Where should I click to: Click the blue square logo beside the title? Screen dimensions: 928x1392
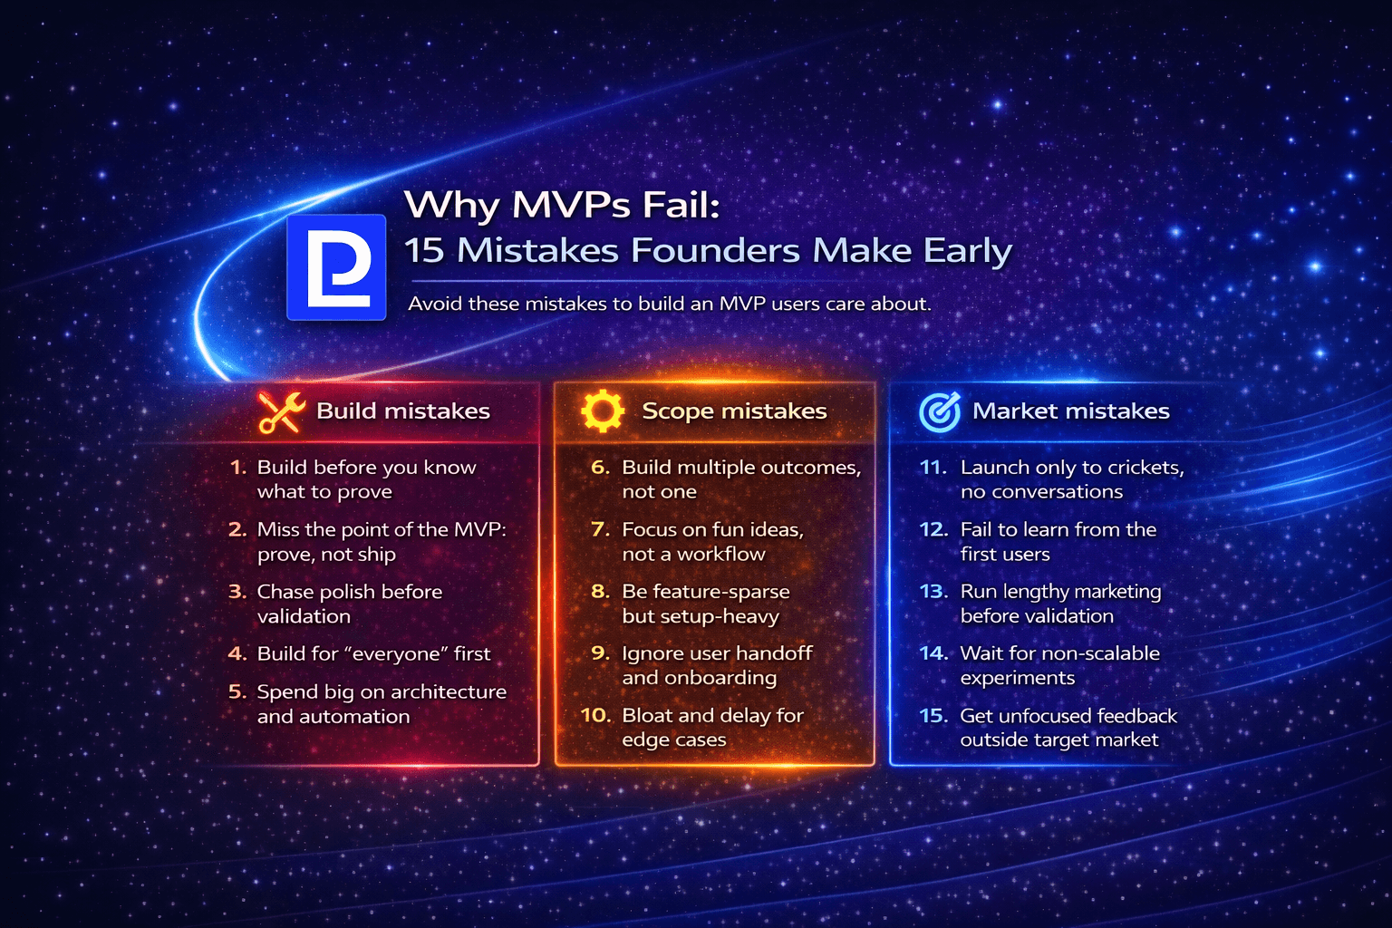(336, 266)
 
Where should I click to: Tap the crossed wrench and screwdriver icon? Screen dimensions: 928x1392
(281, 412)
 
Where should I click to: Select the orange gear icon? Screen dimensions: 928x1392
(603, 411)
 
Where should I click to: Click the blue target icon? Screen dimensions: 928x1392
(940, 412)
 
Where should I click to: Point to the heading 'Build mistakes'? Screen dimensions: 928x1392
(403, 411)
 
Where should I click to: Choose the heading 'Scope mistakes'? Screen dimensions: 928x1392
(734, 411)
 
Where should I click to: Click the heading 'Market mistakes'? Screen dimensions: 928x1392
(1070, 411)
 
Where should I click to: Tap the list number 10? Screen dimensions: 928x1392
(595, 715)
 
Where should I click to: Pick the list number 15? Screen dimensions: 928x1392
(933, 715)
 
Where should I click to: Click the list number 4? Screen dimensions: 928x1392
(237, 653)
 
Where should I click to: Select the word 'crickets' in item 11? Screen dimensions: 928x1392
(1145, 468)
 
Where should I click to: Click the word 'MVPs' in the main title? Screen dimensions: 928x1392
(570, 205)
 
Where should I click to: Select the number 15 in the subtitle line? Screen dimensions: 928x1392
(422, 251)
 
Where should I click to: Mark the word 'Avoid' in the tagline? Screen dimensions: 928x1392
(435, 304)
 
